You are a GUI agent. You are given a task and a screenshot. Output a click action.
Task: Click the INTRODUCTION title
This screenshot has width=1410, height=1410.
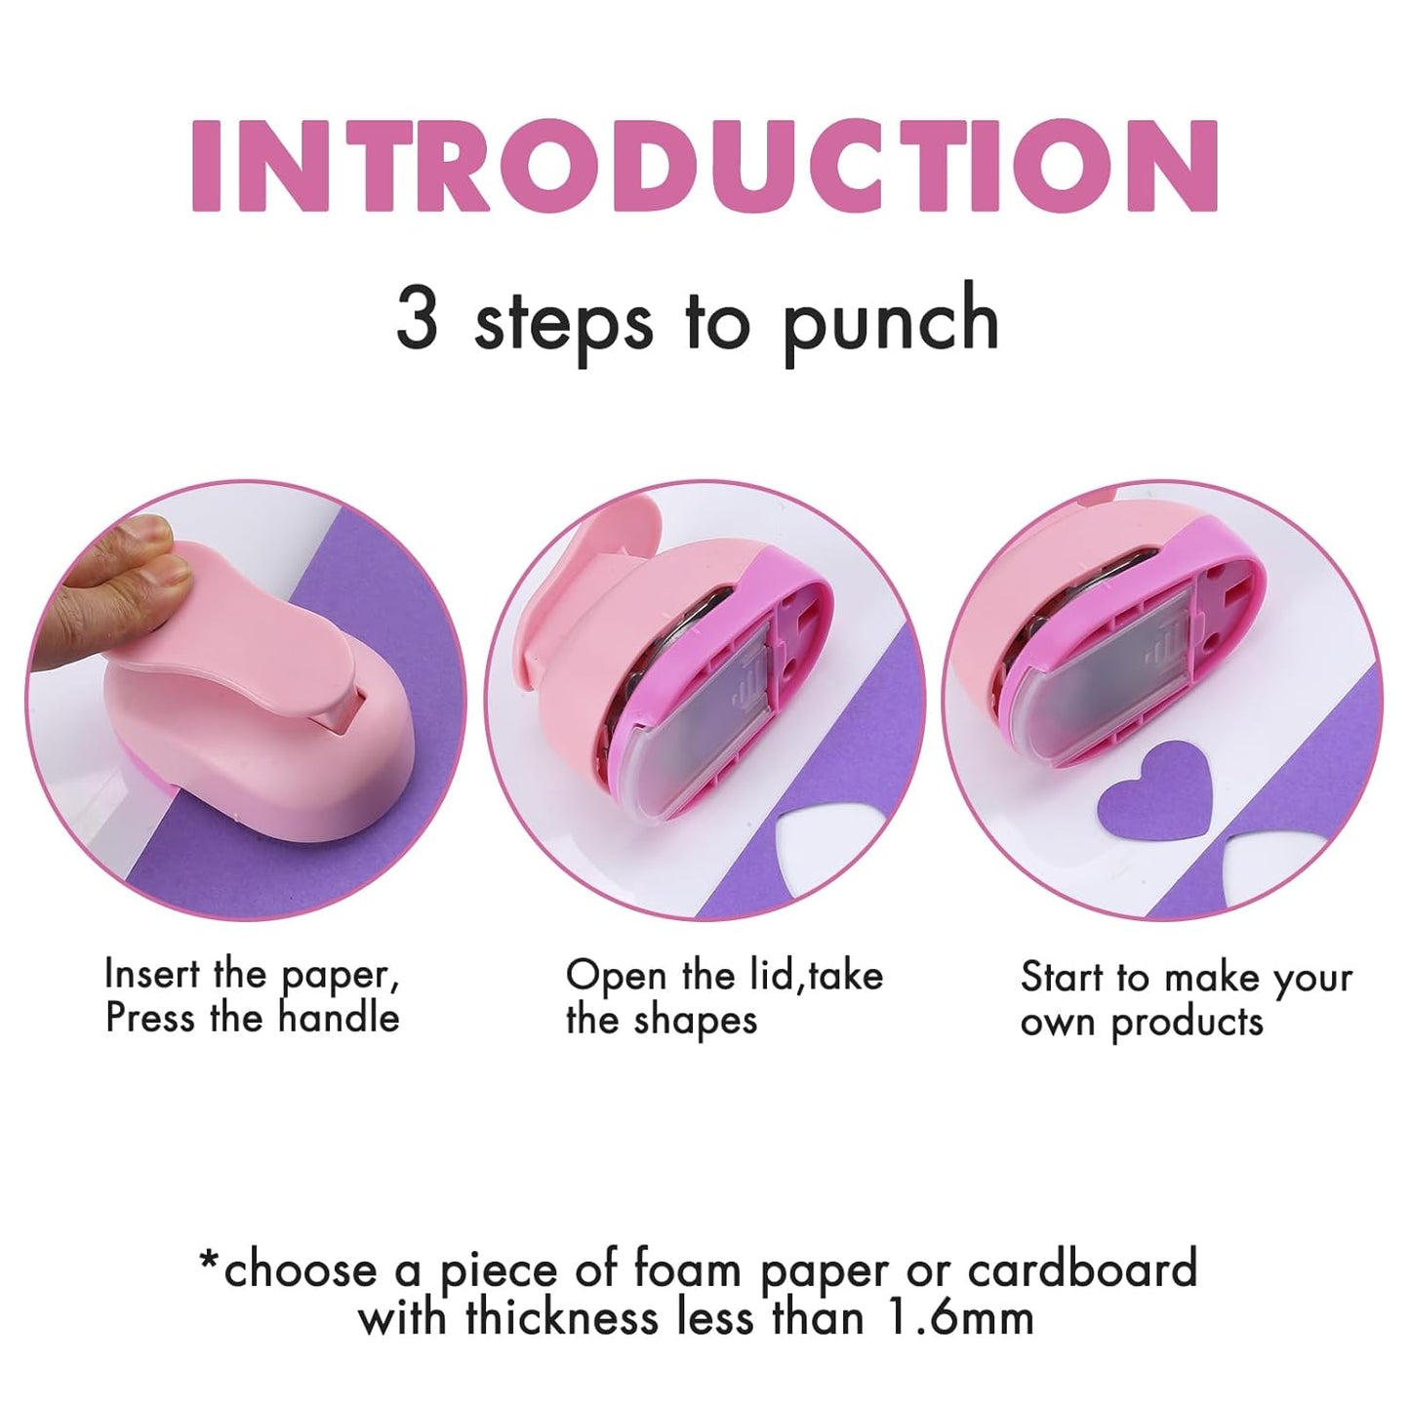coord(705,166)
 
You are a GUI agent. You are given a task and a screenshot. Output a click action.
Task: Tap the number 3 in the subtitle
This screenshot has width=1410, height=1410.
coord(417,318)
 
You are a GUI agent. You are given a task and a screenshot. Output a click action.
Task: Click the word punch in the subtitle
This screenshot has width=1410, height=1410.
coord(890,322)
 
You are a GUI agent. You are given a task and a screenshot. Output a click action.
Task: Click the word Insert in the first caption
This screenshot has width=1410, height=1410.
coord(151,973)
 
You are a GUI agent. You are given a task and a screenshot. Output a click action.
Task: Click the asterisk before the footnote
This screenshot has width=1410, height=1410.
coord(209,1261)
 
